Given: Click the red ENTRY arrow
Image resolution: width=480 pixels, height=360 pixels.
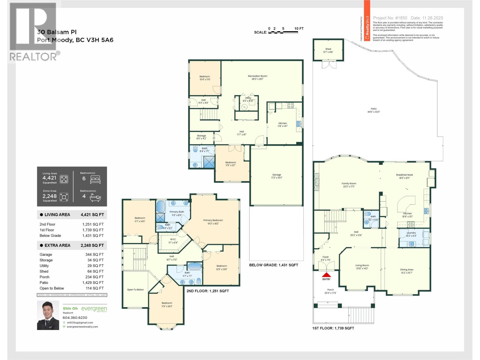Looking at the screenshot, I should [326, 274].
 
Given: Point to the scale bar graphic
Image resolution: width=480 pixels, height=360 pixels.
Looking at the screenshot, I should [283, 32].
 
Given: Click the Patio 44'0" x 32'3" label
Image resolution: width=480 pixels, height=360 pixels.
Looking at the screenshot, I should [373, 110].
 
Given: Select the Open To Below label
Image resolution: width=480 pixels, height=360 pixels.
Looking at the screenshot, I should [135, 290].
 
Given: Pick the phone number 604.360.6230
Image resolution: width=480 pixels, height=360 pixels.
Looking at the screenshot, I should [75, 317].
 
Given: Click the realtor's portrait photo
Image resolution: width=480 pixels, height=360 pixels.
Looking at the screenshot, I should [48, 315].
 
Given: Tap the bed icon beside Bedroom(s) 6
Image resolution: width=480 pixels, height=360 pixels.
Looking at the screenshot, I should [95, 179].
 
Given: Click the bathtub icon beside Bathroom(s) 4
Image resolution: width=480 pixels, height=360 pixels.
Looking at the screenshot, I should [95, 197].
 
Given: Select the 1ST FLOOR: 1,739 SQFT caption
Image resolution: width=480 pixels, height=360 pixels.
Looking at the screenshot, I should [333, 328].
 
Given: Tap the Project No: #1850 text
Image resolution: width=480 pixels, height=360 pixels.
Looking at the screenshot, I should [390, 18].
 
